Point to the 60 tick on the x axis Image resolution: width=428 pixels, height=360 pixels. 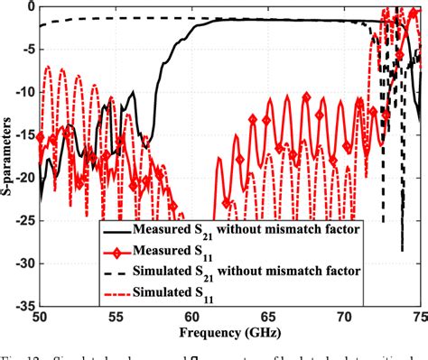(192, 317)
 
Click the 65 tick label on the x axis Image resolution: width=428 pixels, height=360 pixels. (268, 317)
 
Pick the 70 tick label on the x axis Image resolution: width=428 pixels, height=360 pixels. (344, 317)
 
